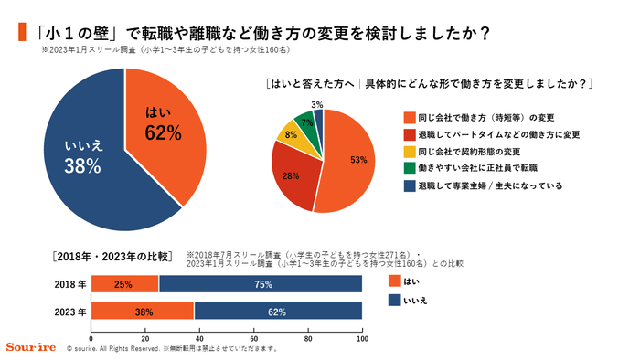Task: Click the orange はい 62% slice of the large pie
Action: pyautogui.click(x=165, y=128)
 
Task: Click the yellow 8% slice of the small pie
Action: pyautogui.click(x=292, y=134)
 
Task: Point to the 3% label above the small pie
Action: pyautogui.click(x=316, y=104)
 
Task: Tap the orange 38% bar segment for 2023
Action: pyautogui.click(x=143, y=311)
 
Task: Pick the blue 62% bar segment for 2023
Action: pyautogui.click(x=278, y=311)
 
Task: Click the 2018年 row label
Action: pyautogui.click(x=69, y=284)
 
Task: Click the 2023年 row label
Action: pyautogui.click(x=69, y=312)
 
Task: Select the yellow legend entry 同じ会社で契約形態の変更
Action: pyautogui.click(x=468, y=151)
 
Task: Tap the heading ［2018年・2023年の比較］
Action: pyautogui.click(x=111, y=256)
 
